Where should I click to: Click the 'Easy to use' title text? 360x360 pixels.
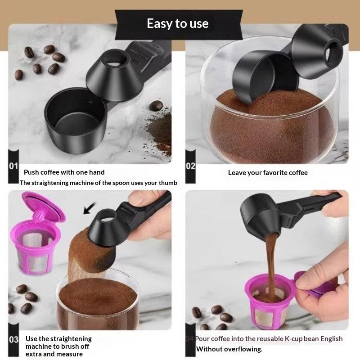[x=177, y=24]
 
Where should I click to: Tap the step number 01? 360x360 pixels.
[x=13, y=166]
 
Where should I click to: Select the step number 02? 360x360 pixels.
[x=190, y=166]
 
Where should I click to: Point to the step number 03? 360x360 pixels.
[x=13, y=339]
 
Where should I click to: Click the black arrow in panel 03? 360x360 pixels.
[x=89, y=208]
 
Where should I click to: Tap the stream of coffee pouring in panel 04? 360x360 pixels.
[x=271, y=264]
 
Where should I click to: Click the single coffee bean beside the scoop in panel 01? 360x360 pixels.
[x=156, y=106]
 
